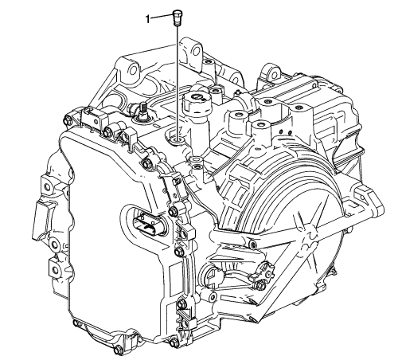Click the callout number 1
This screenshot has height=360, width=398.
pyautogui.click(x=148, y=19)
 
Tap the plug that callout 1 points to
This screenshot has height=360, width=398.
pyautogui.click(x=176, y=18)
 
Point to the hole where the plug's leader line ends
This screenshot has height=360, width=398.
pyautogui.click(x=176, y=140)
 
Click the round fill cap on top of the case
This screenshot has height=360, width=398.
pyautogui.click(x=197, y=99)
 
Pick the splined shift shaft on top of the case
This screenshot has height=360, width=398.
pyautogui.click(x=143, y=111)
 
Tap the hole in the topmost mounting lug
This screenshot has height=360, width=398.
pyautogui.click(x=197, y=50)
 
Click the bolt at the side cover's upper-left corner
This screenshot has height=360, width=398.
pyautogui.click(x=67, y=121)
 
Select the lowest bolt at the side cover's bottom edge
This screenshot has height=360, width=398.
pyautogui.click(x=119, y=350)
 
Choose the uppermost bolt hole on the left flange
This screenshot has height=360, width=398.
pyautogui.click(x=47, y=187)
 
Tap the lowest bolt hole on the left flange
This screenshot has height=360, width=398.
pyautogui.click(x=55, y=270)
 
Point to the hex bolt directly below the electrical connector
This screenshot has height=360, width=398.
pyautogui.click(x=179, y=252)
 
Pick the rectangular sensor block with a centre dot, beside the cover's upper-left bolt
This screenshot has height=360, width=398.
pyautogui.click(x=91, y=118)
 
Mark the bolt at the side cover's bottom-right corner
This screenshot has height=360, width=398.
pyautogui.click(x=174, y=342)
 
